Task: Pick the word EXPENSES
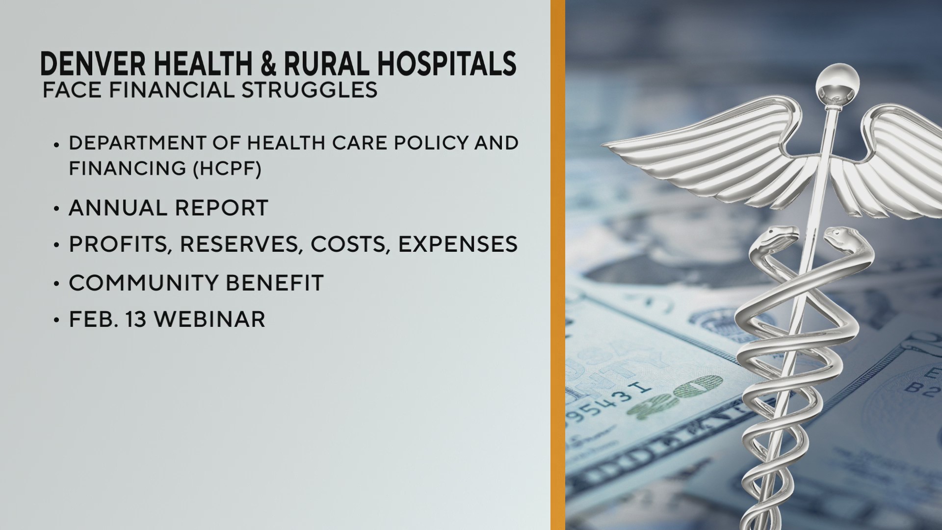pos(457,244)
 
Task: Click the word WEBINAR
pos(209,319)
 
